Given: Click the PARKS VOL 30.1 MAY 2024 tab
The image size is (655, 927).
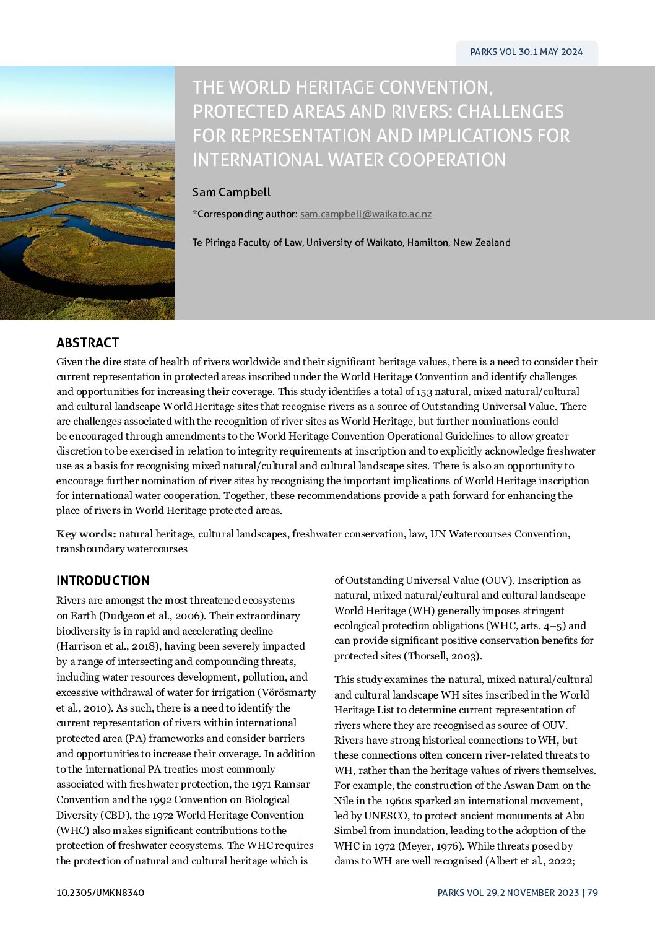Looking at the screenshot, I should pos(526,52).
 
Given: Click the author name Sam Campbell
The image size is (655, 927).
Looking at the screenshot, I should pos(232,192).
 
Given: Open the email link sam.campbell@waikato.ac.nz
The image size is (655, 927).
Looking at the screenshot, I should pos(366,214).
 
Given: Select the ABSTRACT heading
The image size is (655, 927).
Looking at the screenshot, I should pos(87,343).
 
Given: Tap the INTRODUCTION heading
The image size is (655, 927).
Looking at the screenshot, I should pos(103,581).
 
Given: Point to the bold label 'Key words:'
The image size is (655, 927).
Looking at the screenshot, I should pos(86,534).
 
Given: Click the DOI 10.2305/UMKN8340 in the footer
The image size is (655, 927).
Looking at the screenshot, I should pos(100,893).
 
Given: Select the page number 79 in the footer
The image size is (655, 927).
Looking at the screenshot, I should pos(592,893).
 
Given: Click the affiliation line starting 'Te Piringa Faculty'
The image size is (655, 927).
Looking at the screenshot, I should pos(351,243).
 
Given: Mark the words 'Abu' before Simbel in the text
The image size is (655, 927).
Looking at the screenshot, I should pos(575,816).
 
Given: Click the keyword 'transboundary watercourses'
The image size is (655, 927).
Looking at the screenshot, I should pos(122,549).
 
